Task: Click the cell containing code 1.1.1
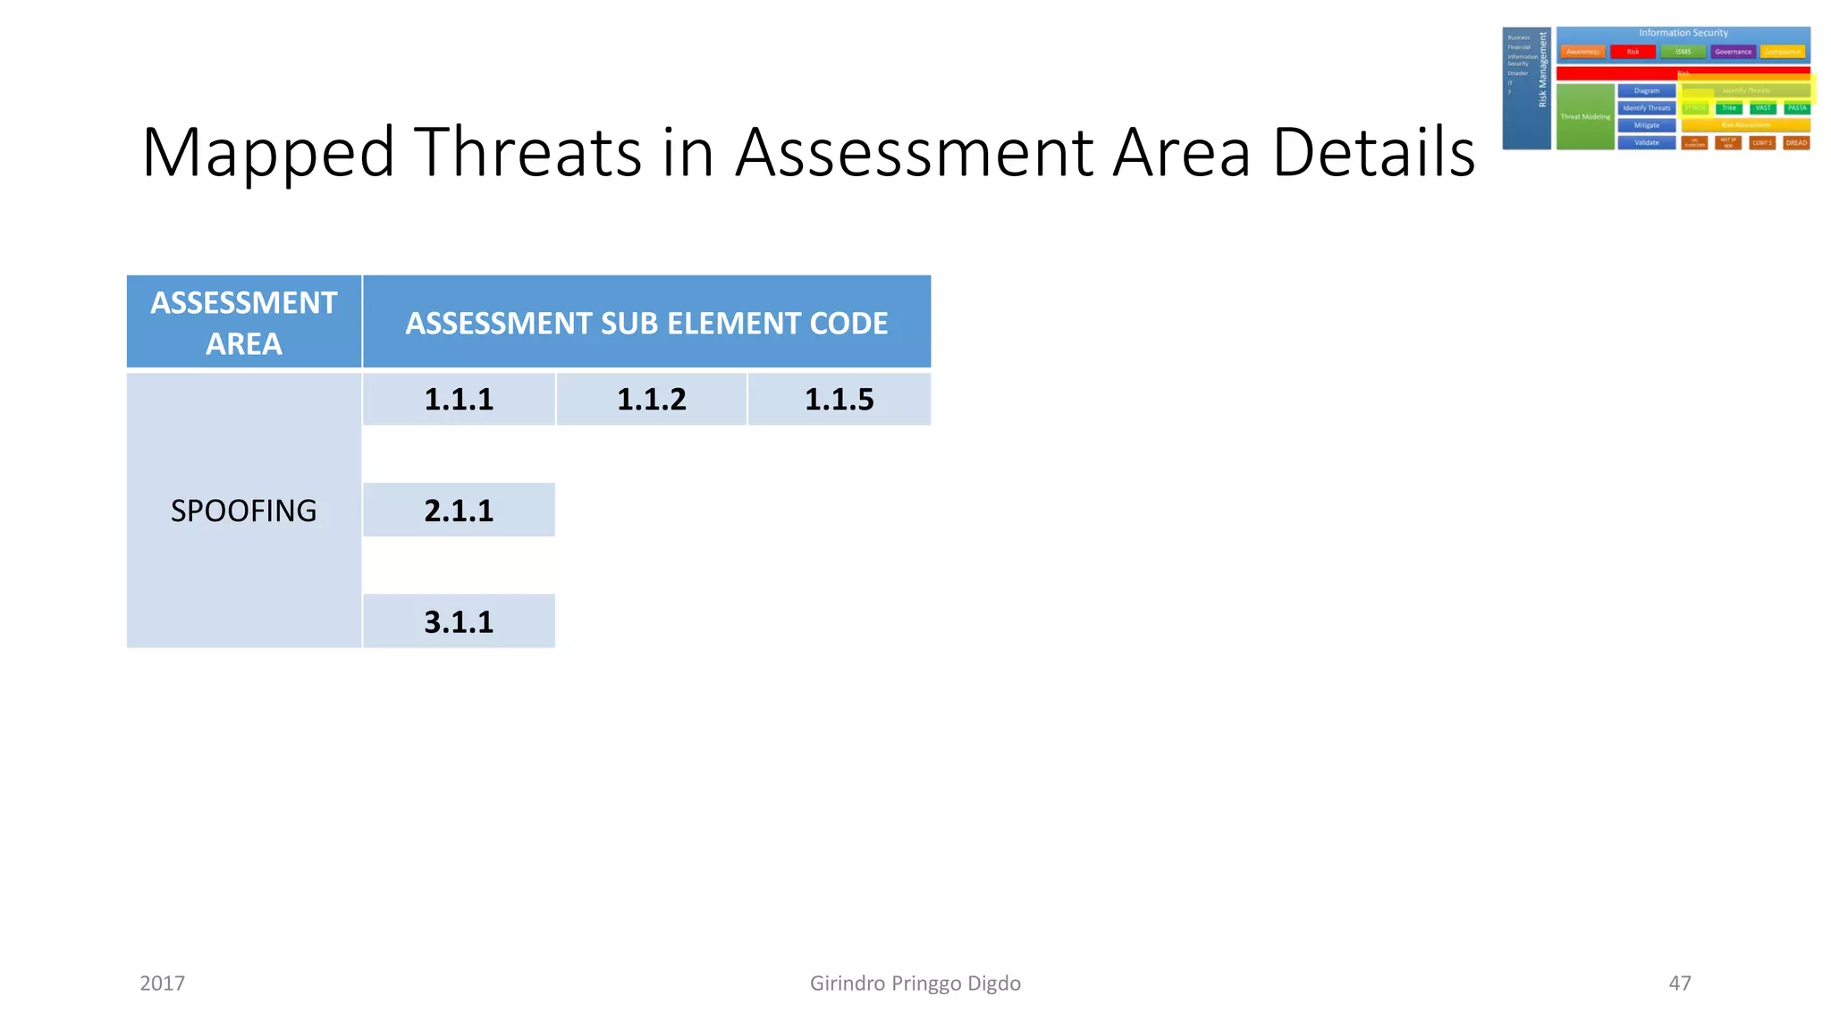coord(459,399)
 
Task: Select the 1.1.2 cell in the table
coord(651,399)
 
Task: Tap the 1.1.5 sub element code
coord(839,399)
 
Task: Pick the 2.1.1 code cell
coord(459,511)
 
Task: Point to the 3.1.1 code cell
coord(459,621)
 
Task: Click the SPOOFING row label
coord(243,511)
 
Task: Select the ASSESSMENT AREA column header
coord(243,322)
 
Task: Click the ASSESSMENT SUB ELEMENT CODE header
coord(646,323)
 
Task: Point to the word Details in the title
coord(1373,152)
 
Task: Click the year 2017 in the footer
coord(163,984)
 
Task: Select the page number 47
coord(1680,984)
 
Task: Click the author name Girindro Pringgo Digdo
coord(915,984)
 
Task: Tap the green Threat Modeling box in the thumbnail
coord(1585,116)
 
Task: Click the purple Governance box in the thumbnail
coord(1733,52)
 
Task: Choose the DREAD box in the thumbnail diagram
coord(1796,143)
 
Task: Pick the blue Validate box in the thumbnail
coord(1646,143)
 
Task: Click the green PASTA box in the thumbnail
coord(1797,108)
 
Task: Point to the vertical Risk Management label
coord(1542,70)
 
